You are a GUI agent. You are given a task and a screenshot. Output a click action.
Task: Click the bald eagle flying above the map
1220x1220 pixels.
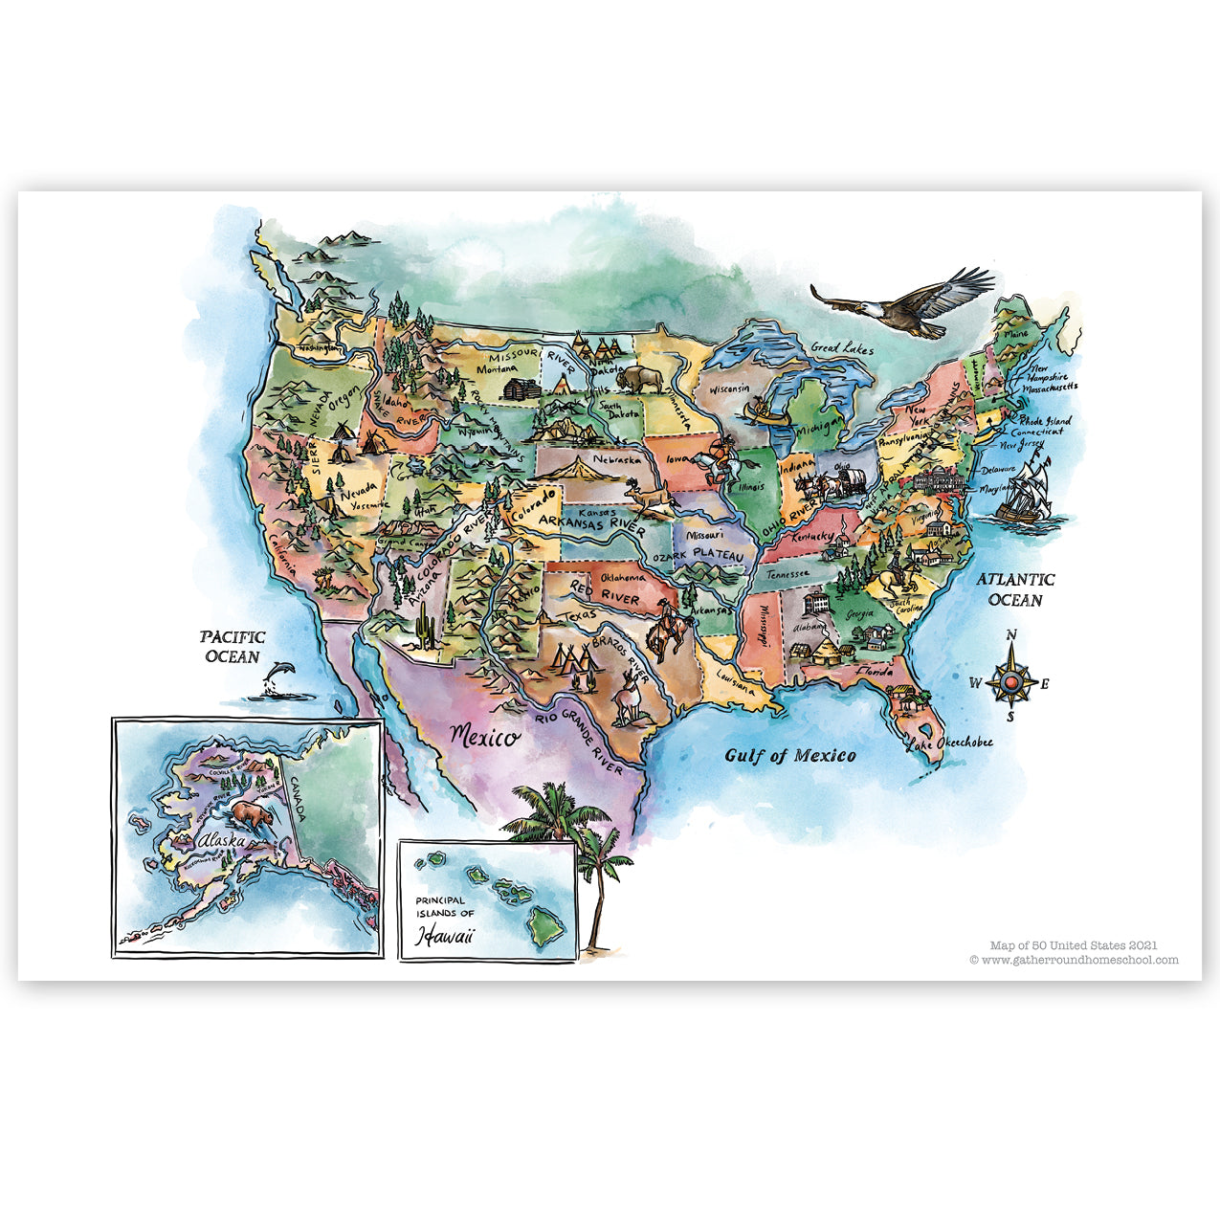pos(904,301)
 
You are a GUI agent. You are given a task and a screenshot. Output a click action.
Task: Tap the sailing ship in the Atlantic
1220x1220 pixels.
pos(1026,491)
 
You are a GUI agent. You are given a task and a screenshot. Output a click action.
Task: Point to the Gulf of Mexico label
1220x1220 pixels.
pos(789,756)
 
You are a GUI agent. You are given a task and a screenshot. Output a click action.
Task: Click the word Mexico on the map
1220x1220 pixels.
pos(485,737)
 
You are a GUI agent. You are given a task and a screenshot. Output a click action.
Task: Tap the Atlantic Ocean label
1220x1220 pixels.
pos(1015,589)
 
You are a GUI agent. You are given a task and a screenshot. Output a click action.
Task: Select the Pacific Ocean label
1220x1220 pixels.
pos(233,647)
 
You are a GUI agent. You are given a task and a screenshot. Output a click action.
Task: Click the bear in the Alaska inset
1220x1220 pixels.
pos(251,815)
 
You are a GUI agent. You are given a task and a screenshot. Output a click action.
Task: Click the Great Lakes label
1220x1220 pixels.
pos(842,349)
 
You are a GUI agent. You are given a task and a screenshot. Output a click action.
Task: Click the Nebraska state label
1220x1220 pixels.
pos(616,460)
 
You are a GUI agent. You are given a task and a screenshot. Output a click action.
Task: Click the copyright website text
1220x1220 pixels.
pos(1074,960)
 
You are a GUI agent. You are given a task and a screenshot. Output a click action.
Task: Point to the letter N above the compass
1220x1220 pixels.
pos(1011,635)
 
